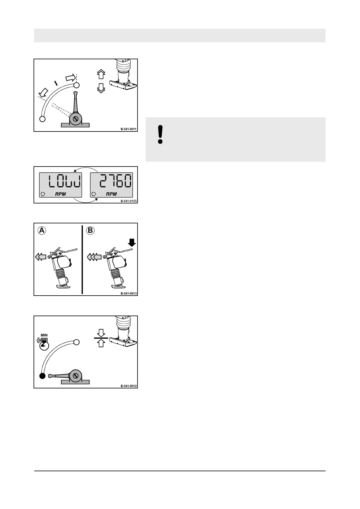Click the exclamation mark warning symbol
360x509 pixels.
click(161, 135)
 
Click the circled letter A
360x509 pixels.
click(42, 230)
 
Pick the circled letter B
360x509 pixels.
click(90, 230)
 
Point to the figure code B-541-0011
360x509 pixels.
click(128, 129)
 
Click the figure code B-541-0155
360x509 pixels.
click(128, 201)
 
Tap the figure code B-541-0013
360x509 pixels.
click(128, 293)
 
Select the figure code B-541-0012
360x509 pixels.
click(128, 386)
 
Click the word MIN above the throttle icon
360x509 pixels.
click(44, 335)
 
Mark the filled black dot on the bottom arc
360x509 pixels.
click(43, 376)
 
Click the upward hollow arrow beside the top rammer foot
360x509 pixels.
click(101, 74)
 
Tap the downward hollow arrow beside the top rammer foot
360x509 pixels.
click(101, 88)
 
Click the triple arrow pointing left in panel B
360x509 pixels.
click(94, 257)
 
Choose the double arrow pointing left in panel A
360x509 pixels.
click(41, 257)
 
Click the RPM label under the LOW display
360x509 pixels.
click(60, 194)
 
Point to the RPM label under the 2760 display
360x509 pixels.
click(111, 194)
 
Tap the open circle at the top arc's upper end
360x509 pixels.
click(76, 85)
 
